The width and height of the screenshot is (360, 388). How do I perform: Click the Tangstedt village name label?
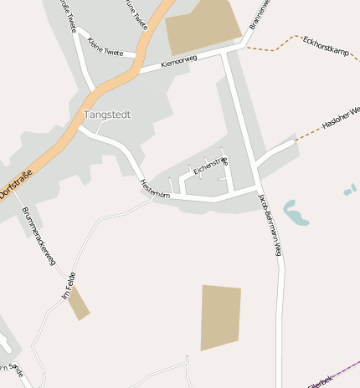[x=107, y=114]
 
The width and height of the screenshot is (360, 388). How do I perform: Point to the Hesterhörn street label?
[x=155, y=189]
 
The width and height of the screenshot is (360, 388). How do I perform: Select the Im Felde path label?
[x=69, y=285]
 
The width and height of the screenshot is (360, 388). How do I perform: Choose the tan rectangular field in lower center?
[x=220, y=317]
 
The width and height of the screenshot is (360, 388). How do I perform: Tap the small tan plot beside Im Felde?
[x=79, y=304]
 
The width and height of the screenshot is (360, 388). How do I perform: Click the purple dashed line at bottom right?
[x=335, y=373]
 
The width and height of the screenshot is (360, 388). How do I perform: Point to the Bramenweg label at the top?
[x=258, y=17]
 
